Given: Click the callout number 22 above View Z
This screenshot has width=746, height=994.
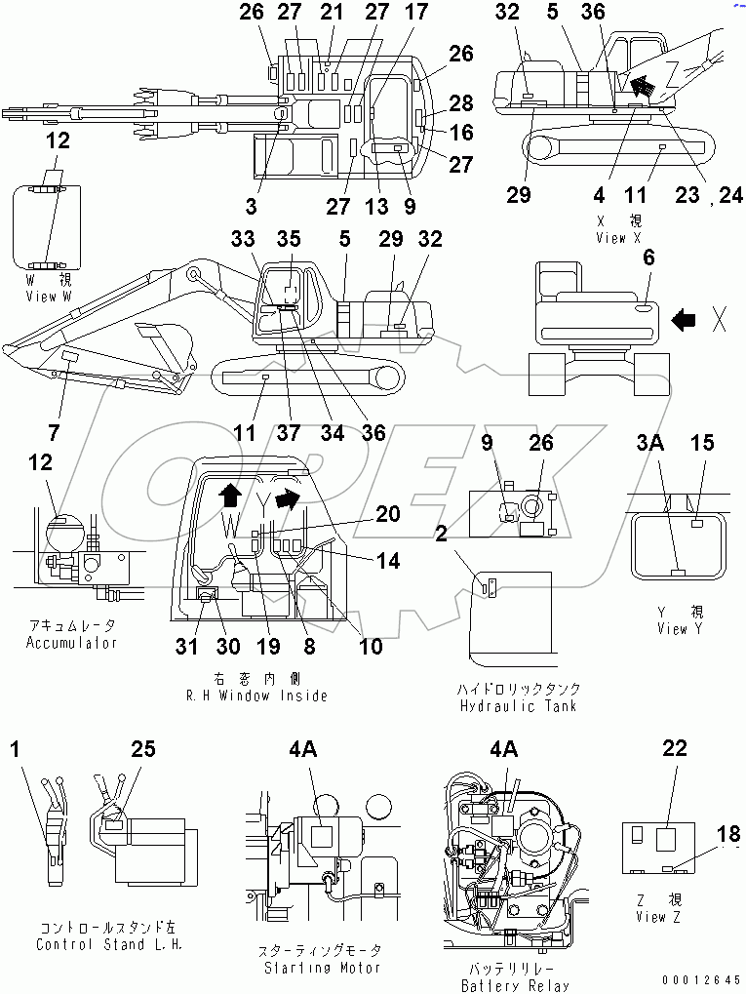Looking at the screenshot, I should (x=674, y=748).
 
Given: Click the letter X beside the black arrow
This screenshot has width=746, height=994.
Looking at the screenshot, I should (x=718, y=319).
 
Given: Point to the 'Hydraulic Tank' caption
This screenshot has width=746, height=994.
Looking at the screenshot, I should (x=517, y=705).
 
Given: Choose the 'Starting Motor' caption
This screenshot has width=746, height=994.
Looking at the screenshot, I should (x=322, y=968).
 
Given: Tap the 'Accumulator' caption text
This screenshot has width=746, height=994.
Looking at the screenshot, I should (x=71, y=643).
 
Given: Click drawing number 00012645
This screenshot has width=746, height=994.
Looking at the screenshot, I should (x=701, y=979).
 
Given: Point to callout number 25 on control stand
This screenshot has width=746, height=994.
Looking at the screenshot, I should (x=143, y=748).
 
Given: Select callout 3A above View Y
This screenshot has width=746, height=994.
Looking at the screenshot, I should (x=649, y=444).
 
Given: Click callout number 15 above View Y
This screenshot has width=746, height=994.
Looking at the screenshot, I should (x=703, y=444).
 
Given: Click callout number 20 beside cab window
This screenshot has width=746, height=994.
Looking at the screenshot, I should (x=388, y=513).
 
